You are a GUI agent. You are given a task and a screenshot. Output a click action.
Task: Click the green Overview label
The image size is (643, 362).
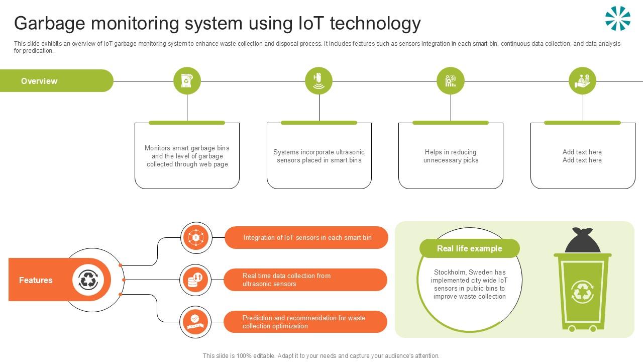39,81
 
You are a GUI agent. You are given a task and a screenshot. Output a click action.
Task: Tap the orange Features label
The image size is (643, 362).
36,280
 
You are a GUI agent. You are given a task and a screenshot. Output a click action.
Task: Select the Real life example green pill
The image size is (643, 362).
469,248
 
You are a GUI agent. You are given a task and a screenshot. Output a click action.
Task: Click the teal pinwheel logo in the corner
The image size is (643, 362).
617,19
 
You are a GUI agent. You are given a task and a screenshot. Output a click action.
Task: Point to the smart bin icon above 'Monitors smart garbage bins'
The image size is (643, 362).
187,81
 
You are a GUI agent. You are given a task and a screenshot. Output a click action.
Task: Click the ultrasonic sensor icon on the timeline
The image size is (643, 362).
318,81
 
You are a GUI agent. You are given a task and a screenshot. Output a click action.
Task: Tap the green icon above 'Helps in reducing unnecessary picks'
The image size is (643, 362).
451,81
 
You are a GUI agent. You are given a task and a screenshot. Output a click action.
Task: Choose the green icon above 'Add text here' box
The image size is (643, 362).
582,81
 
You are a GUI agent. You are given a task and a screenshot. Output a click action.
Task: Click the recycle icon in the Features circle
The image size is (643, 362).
88,280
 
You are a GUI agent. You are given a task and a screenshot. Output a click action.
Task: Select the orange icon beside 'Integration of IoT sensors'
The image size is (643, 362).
196,237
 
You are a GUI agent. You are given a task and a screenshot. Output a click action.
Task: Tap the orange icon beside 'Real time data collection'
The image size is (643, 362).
195,280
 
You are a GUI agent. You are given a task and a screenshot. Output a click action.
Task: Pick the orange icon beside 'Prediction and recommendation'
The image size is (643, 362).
195,322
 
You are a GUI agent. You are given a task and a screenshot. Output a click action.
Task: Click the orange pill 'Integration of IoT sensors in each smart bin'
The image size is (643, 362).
307,237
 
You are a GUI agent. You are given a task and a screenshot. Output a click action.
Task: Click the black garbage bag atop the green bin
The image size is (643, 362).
583,241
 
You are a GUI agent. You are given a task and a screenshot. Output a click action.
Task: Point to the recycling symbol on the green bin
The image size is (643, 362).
582,292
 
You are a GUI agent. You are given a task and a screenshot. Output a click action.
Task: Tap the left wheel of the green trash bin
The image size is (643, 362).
572,328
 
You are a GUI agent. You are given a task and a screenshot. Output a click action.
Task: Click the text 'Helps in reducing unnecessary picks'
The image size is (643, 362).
451,156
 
